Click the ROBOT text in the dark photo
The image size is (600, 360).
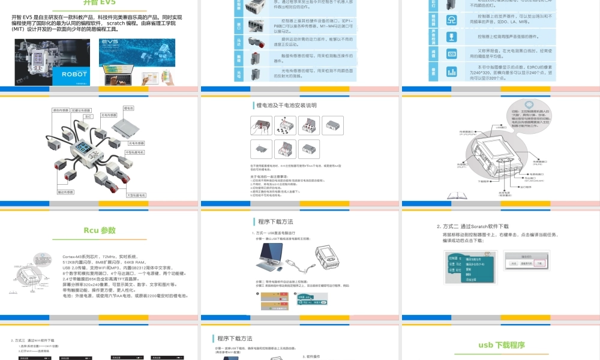point(74,74)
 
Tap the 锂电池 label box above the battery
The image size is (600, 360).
point(128,108)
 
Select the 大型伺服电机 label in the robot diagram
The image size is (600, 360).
point(137,195)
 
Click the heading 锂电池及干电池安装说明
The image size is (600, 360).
point(286,105)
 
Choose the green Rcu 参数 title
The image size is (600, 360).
point(99,230)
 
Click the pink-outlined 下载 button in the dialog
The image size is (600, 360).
point(539,263)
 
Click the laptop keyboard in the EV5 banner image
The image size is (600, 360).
point(119,79)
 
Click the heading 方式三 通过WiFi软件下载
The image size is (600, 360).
point(41,340)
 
